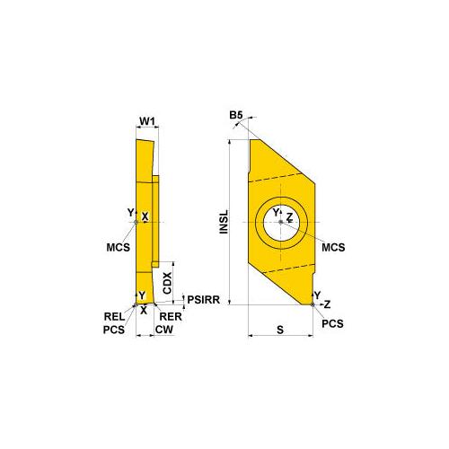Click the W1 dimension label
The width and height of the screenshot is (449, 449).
(x=147, y=121)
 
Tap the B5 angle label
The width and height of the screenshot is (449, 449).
(x=236, y=115)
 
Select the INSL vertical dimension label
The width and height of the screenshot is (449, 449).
(x=224, y=222)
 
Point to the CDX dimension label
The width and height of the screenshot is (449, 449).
(x=167, y=283)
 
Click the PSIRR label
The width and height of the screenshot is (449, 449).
(x=204, y=299)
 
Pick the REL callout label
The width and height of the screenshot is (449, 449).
(x=114, y=316)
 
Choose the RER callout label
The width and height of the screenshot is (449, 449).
(x=171, y=316)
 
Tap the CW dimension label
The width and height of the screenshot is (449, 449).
(x=164, y=330)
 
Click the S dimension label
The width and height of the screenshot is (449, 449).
(x=280, y=330)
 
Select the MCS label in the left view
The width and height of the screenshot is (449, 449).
(x=119, y=248)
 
